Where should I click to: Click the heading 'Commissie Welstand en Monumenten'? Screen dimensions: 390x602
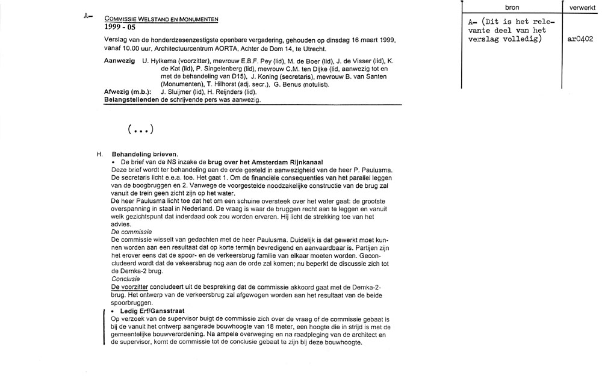pyautogui.click(x=161, y=20)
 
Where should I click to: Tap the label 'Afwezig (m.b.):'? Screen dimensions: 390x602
pyautogui.click(x=127, y=91)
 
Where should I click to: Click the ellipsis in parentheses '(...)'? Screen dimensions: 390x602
pyautogui.click(x=140, y=129)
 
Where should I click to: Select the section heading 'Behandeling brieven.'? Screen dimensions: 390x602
pyautogui.click(x=144, y=154)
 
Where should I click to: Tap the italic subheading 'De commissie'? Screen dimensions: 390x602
pyautogui.click(x=131, y=231)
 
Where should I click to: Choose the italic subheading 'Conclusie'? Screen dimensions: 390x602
pyautogui.click(x=126, y=279)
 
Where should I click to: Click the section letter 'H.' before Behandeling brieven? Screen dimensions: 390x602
pyautogui.click(x=100, y=154)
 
